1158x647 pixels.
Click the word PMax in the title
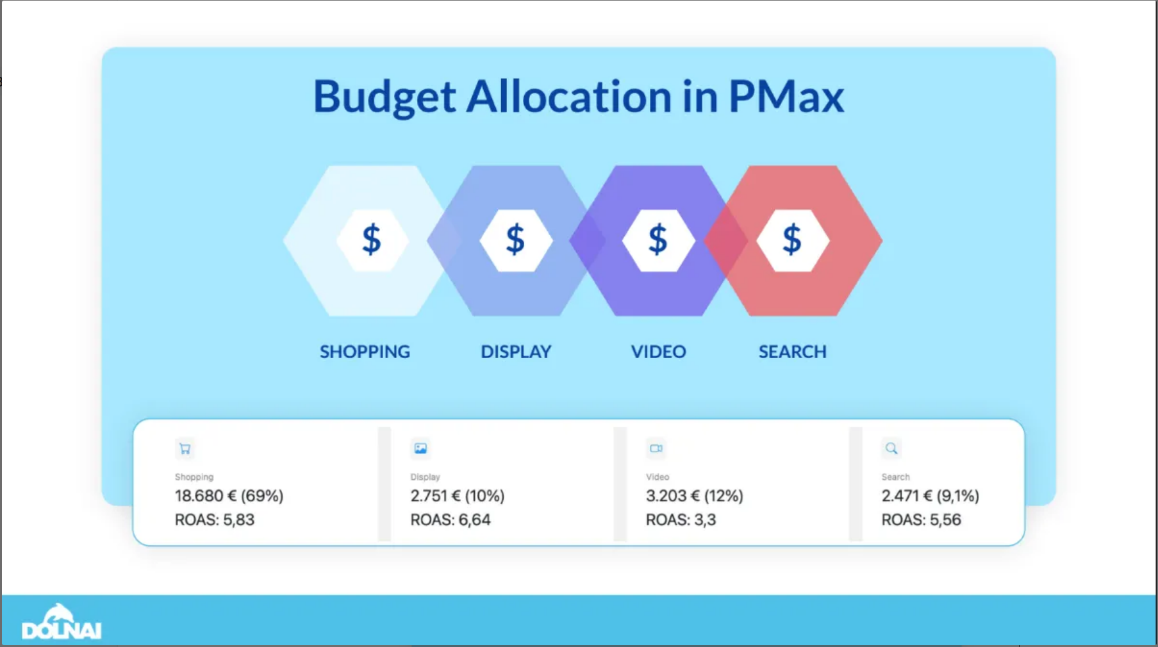[x=786, y=96]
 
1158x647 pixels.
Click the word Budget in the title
[x=385, y=97]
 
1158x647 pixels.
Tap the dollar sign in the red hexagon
[x=792, y=240]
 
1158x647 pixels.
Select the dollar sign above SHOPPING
[x=372, y=240]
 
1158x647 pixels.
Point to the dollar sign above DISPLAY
[x=515, y=240]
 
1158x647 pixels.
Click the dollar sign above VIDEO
[x=658, y=240]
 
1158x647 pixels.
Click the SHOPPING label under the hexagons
[x=365, y=352]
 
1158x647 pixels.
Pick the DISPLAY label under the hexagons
[x=516, y=352]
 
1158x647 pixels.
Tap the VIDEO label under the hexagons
[x=658, y=352]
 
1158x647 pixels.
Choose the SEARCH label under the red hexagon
[x=793, y=352]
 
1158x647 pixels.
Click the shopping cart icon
[x=185, y=449]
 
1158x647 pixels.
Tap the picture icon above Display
[x=420, y=448]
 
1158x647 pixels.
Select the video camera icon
[x=656, y=448]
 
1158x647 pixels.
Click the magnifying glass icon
[x=891, y=448]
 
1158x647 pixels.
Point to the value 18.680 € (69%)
[x=229, y=496]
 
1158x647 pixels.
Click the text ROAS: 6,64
[x=451, y=520]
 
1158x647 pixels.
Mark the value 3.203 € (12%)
[x=695, y=496]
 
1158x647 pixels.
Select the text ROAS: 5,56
[x=922, y=520]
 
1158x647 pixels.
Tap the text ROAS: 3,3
[x=681, y=520]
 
